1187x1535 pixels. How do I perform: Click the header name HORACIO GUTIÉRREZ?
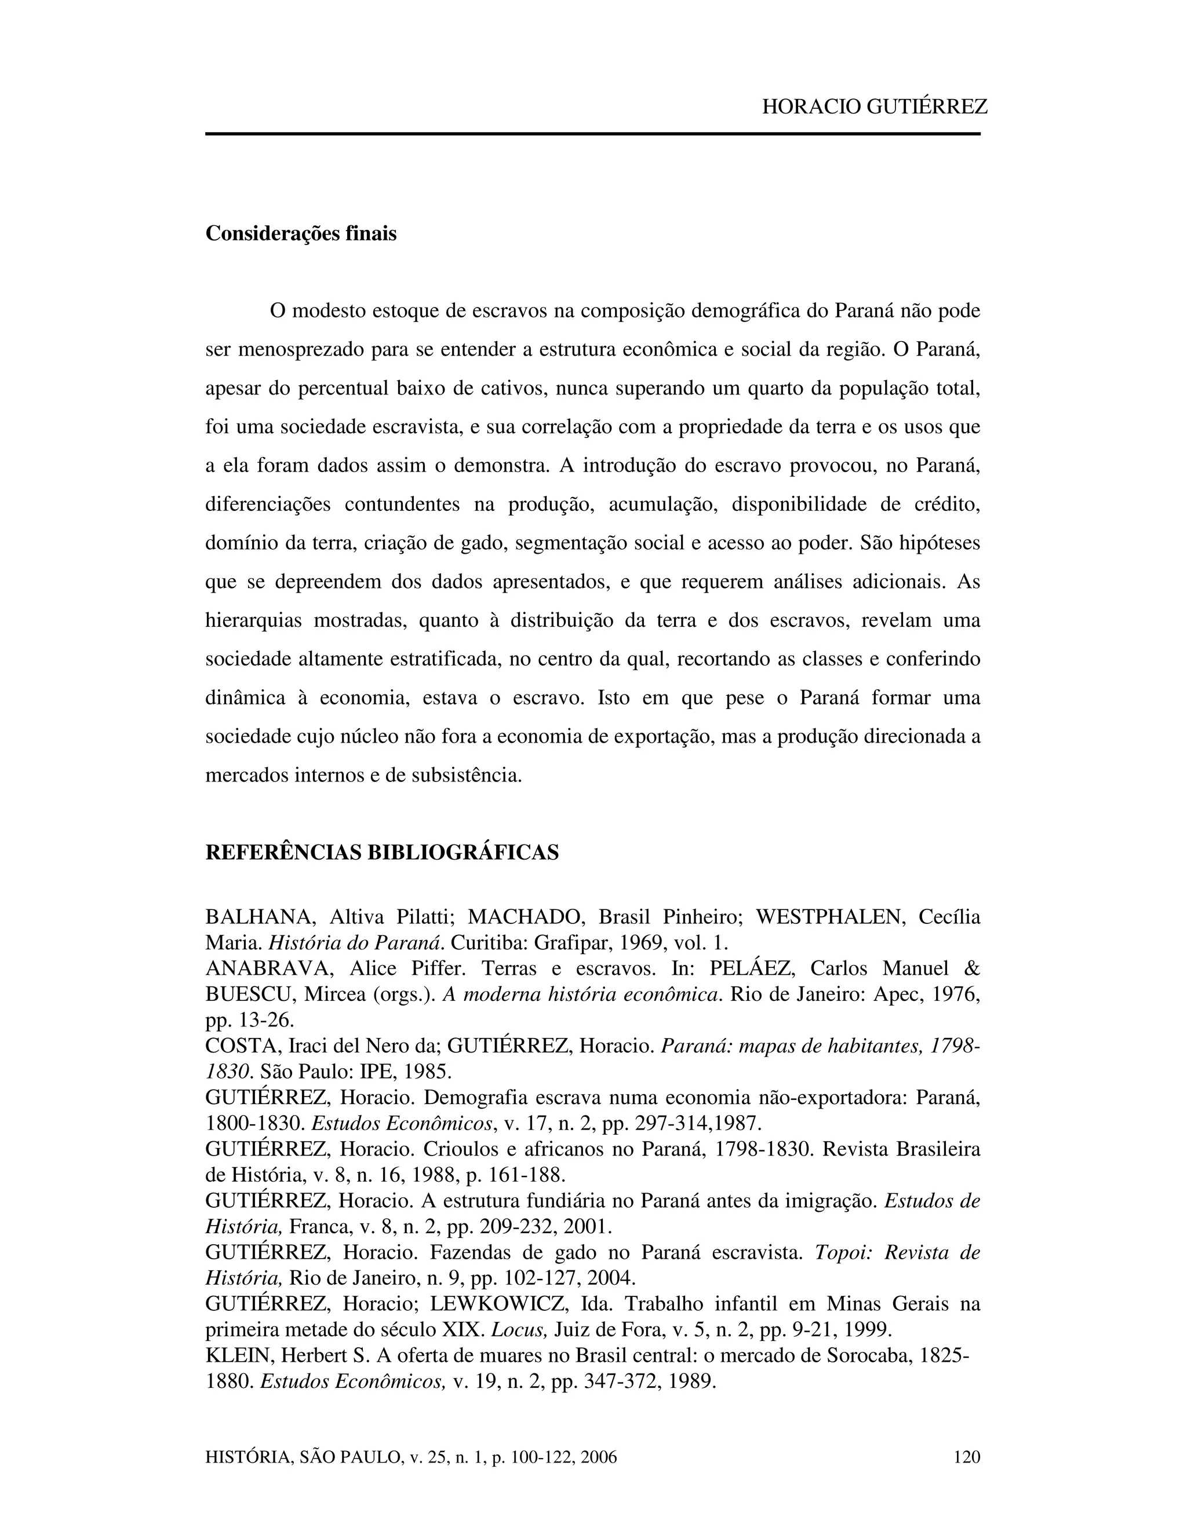click(874, 107)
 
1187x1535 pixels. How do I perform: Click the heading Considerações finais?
click(300, 233)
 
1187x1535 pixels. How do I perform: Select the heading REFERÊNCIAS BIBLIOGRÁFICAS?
click(382, 853)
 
